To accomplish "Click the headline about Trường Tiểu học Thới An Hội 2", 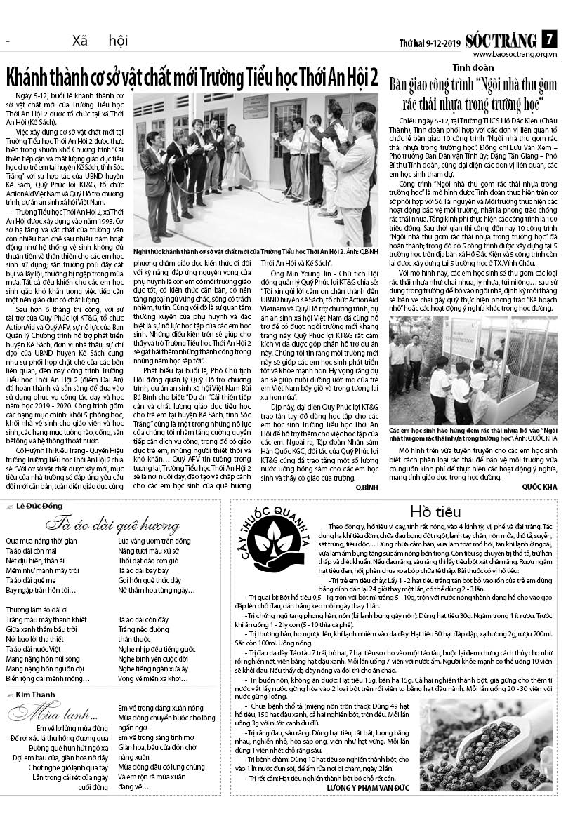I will coord(192,75).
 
